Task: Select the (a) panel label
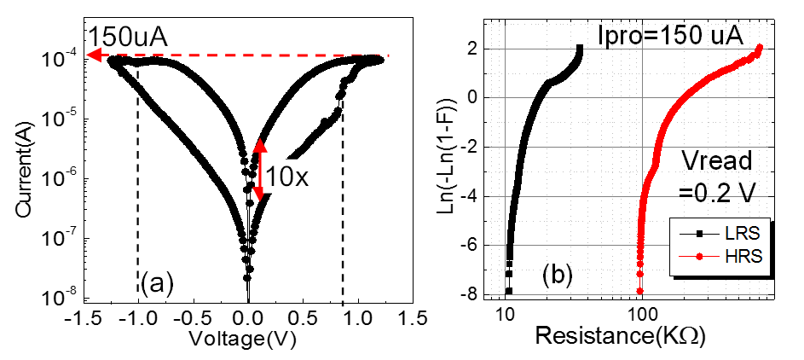point(158,281)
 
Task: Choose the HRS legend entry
point(713,255)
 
